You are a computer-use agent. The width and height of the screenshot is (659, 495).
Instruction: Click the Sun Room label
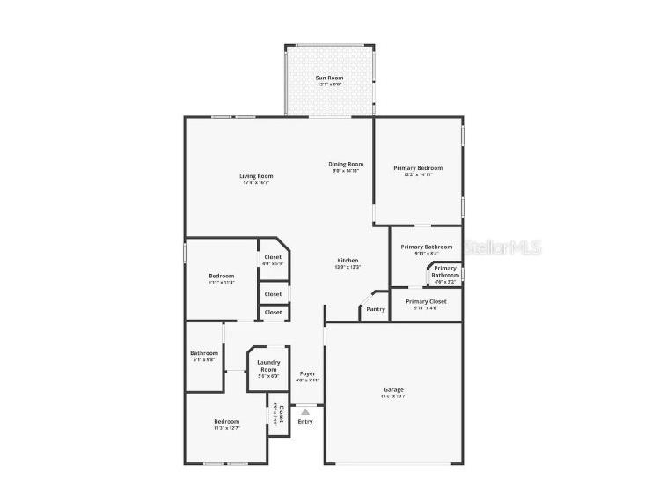(330, 78)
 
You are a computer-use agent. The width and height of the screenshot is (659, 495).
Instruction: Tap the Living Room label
(256, 176)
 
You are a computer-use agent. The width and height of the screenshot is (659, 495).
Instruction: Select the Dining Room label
(346, 164)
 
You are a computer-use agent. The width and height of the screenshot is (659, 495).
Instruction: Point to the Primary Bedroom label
(418, 168)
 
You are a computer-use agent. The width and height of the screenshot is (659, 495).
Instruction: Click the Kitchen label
(348, 261)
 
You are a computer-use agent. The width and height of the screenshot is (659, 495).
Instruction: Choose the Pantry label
(375, 309)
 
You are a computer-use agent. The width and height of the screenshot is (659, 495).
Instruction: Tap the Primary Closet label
(426, 302)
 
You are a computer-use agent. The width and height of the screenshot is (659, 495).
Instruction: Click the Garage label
(393, 389)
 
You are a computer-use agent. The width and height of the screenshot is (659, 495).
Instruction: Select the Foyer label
(307, 373)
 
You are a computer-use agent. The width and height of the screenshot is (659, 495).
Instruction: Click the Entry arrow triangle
(305, 410)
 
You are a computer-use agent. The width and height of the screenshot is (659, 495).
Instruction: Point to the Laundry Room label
(267, 366)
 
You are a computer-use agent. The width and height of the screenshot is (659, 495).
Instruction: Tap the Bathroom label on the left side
(203, 353)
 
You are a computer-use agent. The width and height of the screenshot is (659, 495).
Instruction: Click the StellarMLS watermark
(502, 248)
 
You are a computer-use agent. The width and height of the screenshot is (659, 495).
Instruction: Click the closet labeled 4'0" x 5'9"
(273, 257)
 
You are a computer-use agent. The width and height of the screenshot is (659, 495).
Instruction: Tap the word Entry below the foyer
(304, 422)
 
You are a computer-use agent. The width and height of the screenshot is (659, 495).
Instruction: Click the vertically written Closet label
(280, 414)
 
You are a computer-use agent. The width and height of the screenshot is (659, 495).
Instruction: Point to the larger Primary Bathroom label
(427, 247)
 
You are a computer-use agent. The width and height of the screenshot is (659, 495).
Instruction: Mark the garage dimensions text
(393, 396)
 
